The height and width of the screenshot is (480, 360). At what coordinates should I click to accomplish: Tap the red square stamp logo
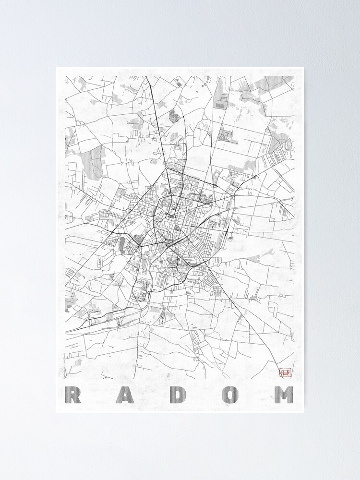point(286,372)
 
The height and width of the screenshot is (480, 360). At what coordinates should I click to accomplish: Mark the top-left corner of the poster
point(56,67)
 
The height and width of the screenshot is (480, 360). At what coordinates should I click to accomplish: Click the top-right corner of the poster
point(303,67)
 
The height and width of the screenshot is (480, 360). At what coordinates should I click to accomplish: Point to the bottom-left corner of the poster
point(56,412)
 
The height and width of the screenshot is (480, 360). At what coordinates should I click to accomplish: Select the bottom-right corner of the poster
point(303,412)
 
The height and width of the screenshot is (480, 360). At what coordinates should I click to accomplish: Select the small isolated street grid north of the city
point(173,116)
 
